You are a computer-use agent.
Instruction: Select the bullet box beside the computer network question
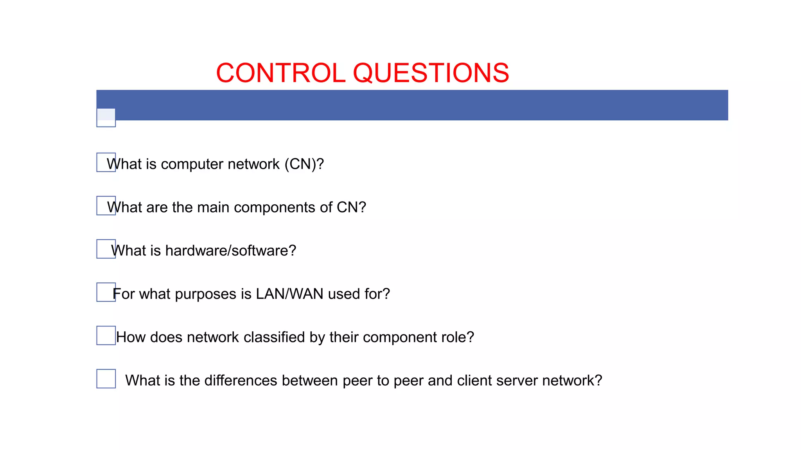[106, 162]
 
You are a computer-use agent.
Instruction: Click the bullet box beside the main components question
[106, 205]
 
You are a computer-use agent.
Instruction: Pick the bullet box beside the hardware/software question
[106, 249]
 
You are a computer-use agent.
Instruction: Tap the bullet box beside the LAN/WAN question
[106, 292]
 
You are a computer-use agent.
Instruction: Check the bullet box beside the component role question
[106, 336]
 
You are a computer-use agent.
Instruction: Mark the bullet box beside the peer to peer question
[106, 379]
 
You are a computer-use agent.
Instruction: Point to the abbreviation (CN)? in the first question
[304, 164]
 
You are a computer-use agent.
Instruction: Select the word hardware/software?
[231, 251]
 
